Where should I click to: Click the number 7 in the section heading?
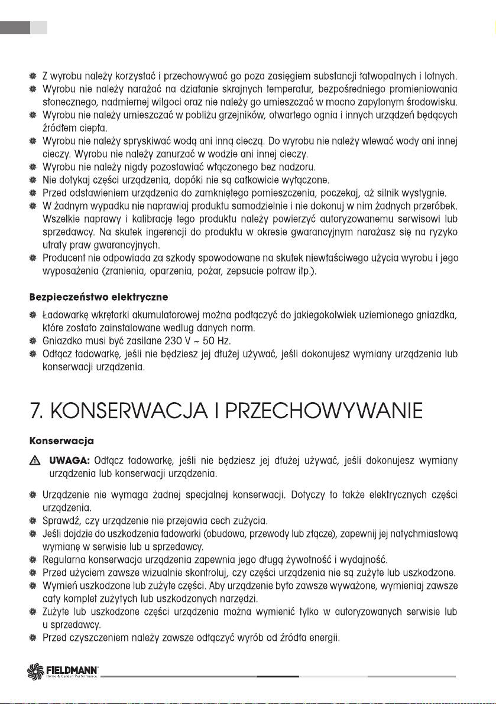(x=36, y=410)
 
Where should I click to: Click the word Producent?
(x=65, y=258)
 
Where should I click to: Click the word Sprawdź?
(x=62, y=520)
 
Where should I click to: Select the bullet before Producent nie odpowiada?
(x=33, y=258)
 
